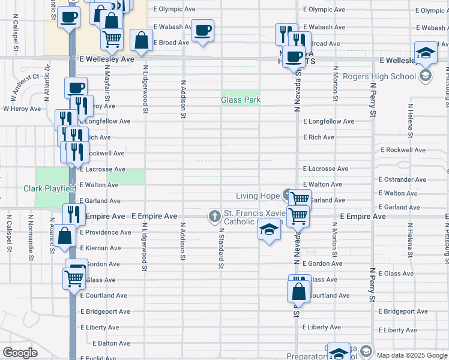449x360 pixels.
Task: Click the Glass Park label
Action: pyautogui.click(x=241, y=100)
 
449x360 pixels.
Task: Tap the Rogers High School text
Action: pyautogui.click(x=379, y=76)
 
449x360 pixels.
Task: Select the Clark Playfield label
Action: pyautogui.click(x=50, y=188)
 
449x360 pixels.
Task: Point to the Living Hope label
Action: pyautogui.click(x=258, y=196)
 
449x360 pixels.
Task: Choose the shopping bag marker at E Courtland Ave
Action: pyautogui.click(x=298, y=292)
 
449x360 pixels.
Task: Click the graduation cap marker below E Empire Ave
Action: pyautogui.click(x=269, y=229)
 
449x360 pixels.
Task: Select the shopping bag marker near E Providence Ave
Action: pyautogui.click(x=65, y=236)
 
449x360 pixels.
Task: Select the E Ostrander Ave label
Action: pyautogui.click(x=402, y=179)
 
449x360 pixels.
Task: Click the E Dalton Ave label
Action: pyautogui.click(x=112, y=343)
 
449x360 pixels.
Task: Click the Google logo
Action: pyautogui.click(x=20, y=353)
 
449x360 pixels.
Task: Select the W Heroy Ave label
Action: pyautogui.click(x=22, y=109)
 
